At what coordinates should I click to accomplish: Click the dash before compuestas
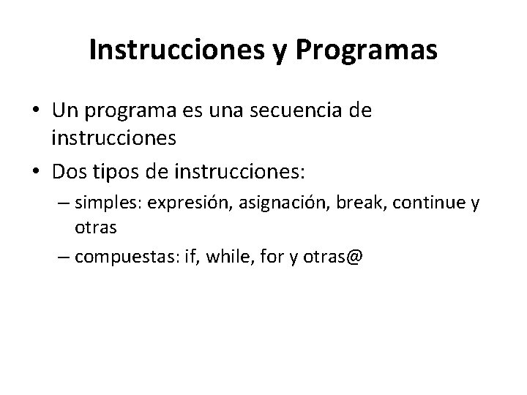click(x=63, y=257)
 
